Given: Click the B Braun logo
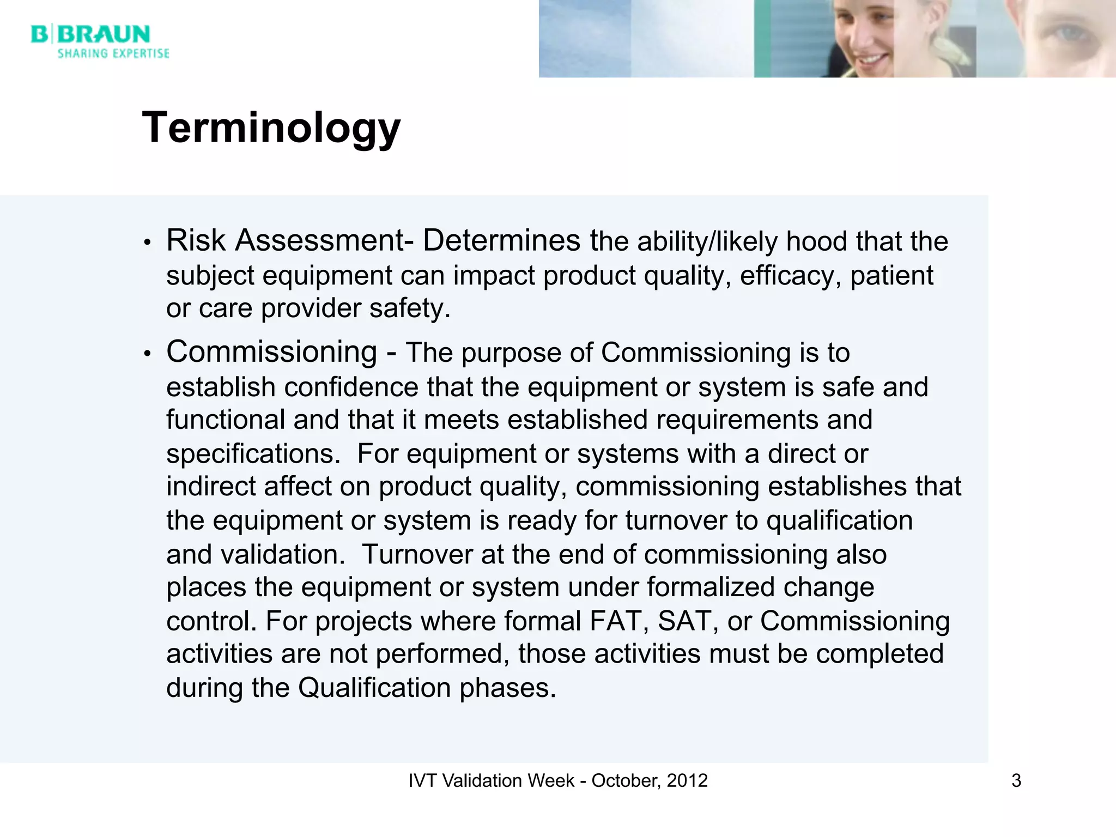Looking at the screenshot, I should click(90, 34).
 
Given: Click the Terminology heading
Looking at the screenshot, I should click(271, 128).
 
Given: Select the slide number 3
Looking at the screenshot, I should click(1016, 781).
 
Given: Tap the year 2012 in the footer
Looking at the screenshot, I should click(687, 781).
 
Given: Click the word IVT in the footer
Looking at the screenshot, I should click(422, 781).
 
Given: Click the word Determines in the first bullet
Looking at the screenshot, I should click(501, 241).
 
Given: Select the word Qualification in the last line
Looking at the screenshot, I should click(374, 688).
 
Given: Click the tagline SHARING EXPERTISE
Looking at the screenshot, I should click(113, 53).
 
